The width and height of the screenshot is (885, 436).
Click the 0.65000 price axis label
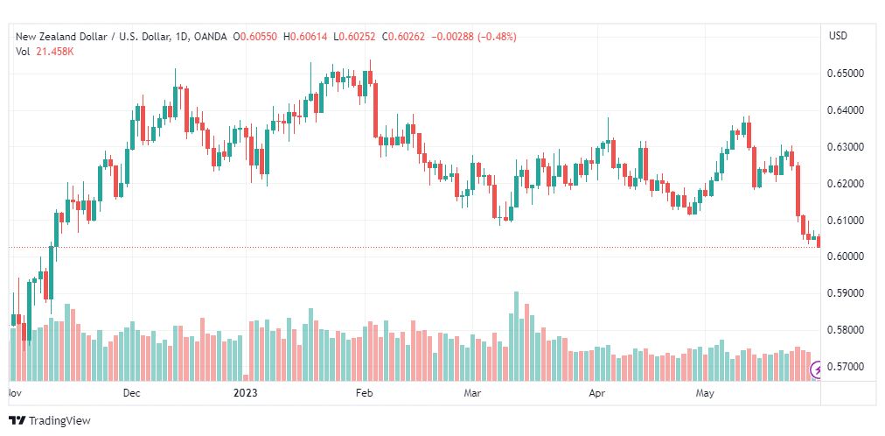[x=845, y=74]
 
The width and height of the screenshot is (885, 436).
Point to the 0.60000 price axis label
[x=845, y=257]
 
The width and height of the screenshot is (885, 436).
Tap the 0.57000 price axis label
[x=845, y=367]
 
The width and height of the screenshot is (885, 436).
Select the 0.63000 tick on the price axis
[x=845, y=147]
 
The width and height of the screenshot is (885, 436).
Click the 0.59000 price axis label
[x=845, y=293]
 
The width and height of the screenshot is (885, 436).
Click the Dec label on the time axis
[x=132, y=393]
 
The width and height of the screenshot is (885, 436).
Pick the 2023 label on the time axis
[x=246, y=393]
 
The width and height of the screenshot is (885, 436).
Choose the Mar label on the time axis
[x=472, y=393]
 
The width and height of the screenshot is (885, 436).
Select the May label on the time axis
[x=705, y=393]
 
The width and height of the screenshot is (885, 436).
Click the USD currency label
[x=838, y=36]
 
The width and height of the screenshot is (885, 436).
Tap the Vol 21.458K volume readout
[x=45, y=52]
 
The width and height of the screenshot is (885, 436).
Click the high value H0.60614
[x=305, y=37]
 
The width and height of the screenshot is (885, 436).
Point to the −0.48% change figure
[x=498, y=37]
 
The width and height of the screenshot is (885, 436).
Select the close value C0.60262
[x=404, y=37]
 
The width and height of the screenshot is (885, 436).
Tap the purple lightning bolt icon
[x=817, y=370]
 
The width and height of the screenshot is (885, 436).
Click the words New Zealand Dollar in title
[x=52, y=37]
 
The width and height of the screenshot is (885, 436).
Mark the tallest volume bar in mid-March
[x=516, y=336]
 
